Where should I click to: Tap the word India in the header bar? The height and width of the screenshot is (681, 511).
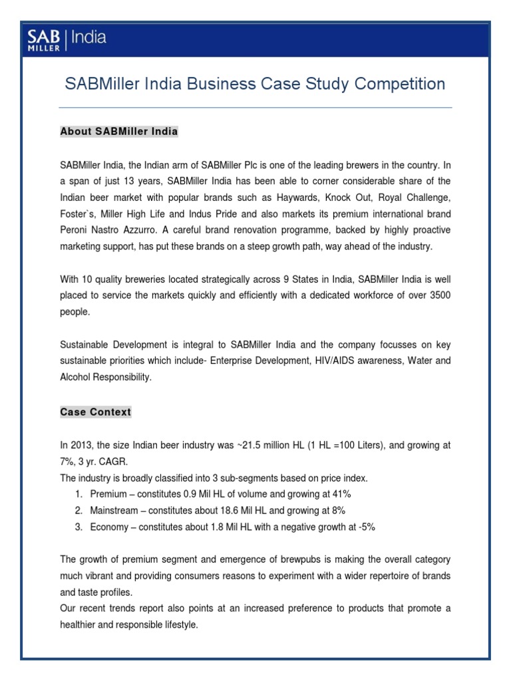pos(90,37)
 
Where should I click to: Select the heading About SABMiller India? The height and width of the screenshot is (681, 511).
pos(119,132)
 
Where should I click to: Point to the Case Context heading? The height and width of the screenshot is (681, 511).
pos(95,412)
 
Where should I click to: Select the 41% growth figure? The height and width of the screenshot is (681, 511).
pos(341,494)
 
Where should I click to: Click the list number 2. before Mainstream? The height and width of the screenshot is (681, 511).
pos(79,510)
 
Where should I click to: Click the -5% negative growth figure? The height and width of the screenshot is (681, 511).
pos(367,527)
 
